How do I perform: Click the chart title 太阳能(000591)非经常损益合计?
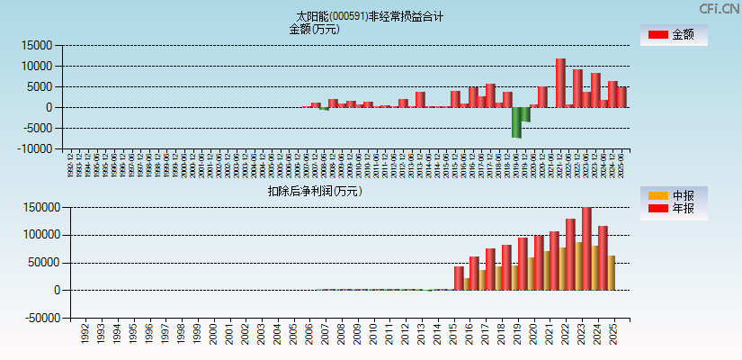pos(370,16)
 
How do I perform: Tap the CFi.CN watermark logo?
pos(720,9)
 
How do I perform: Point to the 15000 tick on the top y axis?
pos(37,45)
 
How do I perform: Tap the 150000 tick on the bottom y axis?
pos(41,208)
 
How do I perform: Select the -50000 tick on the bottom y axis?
pos(40,319)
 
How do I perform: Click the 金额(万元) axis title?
pos(314,29)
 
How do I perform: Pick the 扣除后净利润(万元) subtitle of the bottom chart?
pos(314,191)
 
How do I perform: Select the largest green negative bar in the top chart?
pos(516,122)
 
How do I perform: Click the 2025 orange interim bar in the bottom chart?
pos(612,273)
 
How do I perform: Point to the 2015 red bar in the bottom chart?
pos(459,278)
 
